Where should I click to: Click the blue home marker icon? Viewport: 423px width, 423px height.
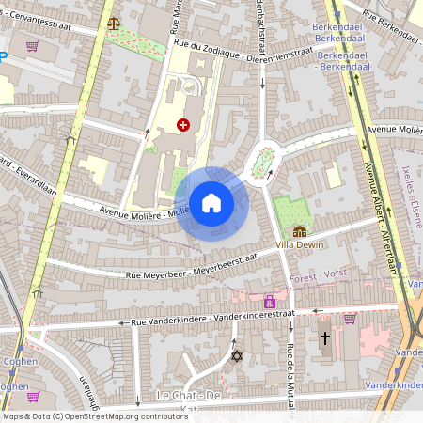(211, 203)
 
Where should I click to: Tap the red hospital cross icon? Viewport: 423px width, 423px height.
(183, 123)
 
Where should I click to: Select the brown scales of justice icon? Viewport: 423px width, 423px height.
(114, 23)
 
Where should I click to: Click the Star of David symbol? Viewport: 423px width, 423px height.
(237, 355)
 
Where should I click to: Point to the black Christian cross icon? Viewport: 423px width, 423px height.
(325, 337)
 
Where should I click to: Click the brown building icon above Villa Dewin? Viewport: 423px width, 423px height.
(299, 230)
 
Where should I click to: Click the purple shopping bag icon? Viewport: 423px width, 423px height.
(270, 302)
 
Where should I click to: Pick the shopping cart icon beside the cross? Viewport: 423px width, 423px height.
(350, 318)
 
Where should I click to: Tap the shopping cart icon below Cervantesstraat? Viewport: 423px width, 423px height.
(33, 45)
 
